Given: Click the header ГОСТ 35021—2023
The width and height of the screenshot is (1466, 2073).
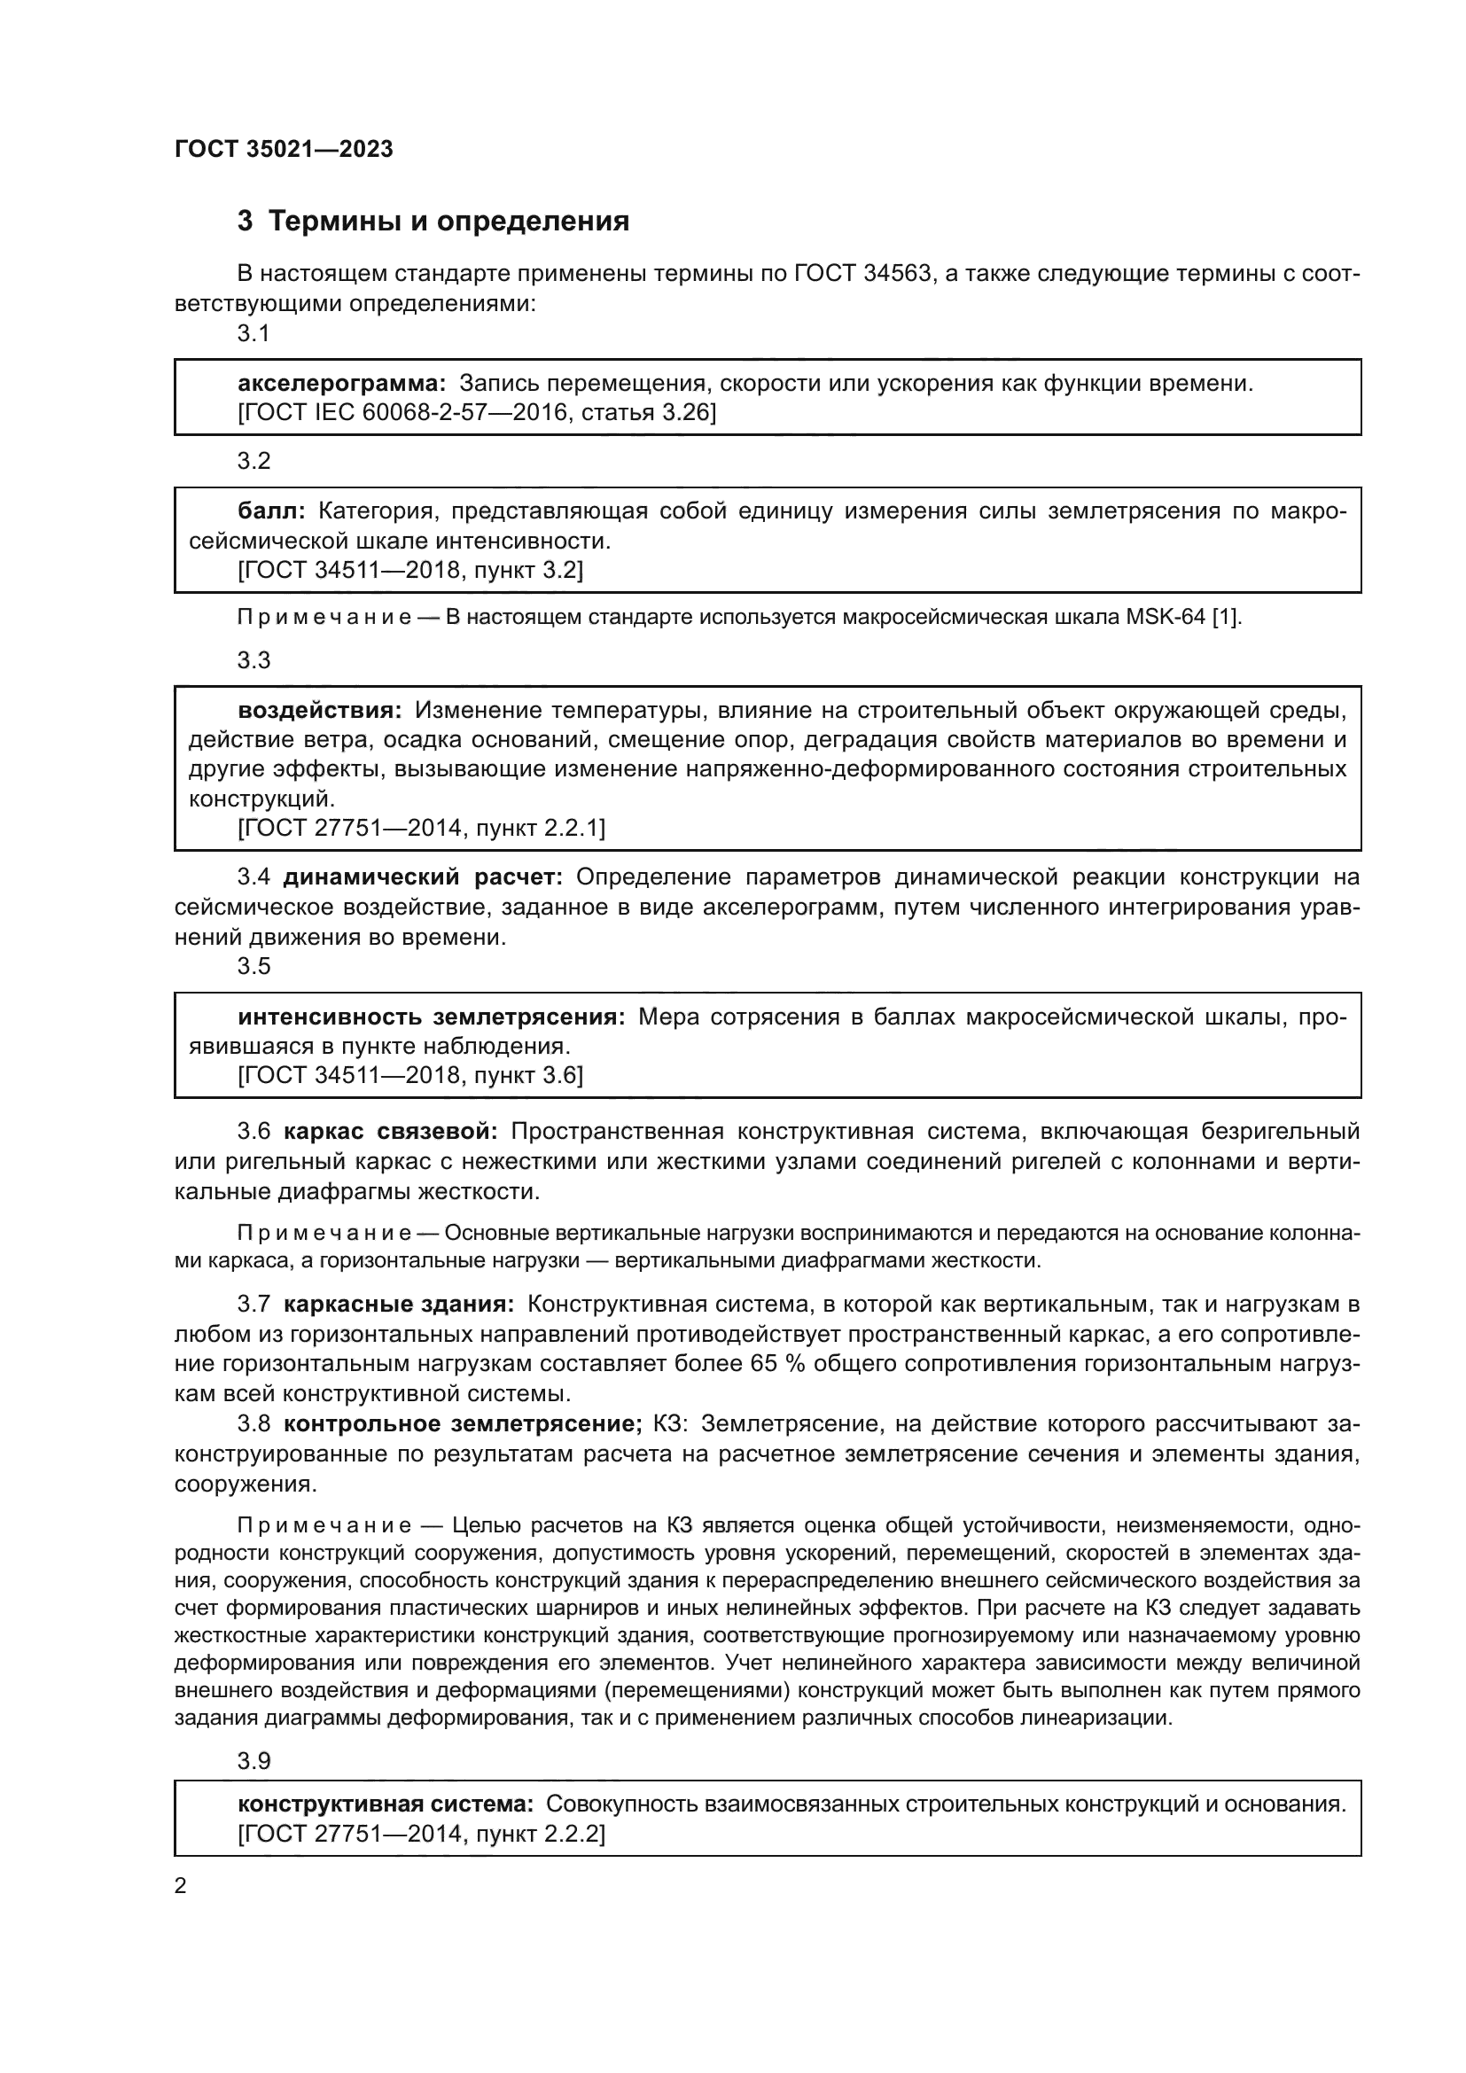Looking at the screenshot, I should (x=284, y=149).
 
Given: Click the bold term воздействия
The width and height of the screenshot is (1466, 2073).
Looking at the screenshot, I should (x=320, y=711).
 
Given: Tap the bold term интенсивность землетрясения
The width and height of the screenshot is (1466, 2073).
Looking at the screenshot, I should (x=432, y=1017).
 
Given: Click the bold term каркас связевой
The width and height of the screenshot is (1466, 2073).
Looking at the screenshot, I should (x=390, y=1131).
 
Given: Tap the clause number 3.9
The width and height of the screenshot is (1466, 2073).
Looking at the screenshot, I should (x=253, y=1761).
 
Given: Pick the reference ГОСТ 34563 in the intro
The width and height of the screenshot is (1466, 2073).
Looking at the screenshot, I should (x=862, y=274).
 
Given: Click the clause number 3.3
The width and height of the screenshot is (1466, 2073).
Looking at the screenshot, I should (x=253, y=660).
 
